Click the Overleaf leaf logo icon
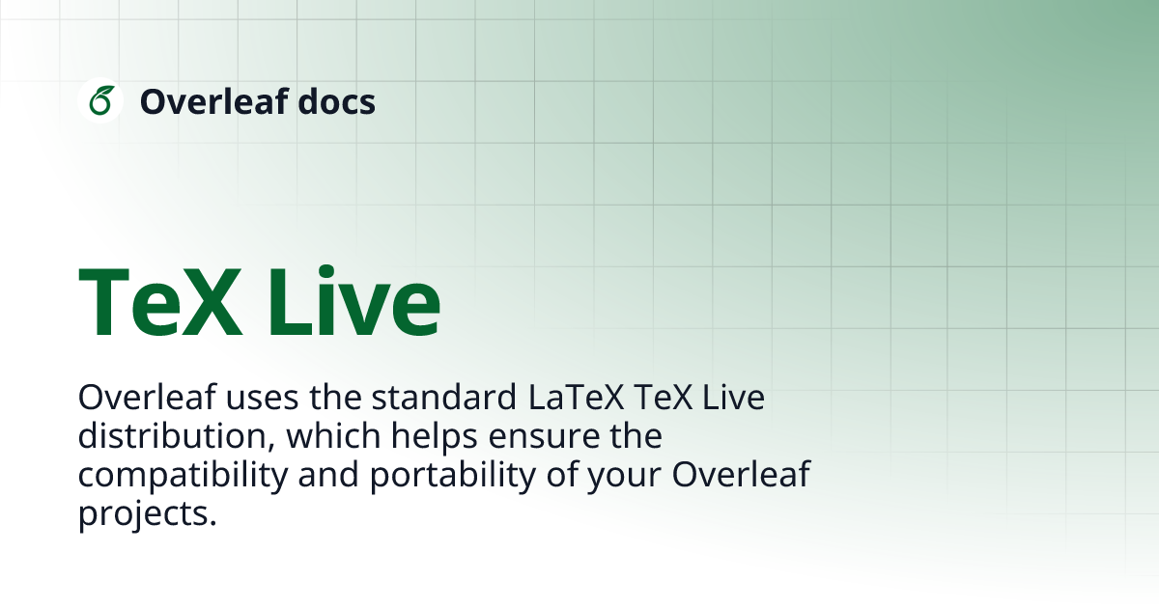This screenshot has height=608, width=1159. click(100, 100)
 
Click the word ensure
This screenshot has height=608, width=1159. click(546, 437)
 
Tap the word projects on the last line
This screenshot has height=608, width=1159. click(143, 514)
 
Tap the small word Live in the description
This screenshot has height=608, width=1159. click(735, 399)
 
